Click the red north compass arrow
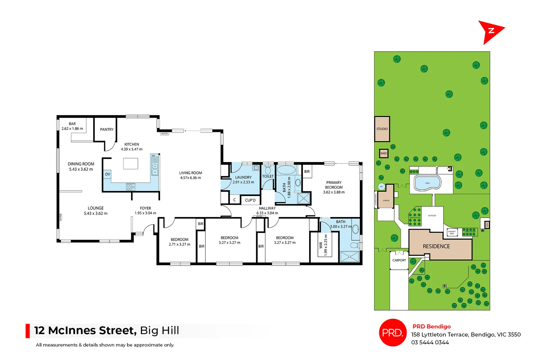pyautogui.click(x=490, y=31)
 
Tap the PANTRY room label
pyautogui.click(x=107, y=129)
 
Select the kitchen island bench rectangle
pyautogui.click(x=130, y=164)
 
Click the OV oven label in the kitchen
pyautogui.click(x=107, y=174)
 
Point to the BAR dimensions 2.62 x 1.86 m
pyautogui.click(x=72, y=129)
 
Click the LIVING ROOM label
pyautogui.click(x=190, y=173)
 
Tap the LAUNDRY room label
pyautogui.click(x=243, y=177)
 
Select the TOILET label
pyautogui.click(x=268, y=176)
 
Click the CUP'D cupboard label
pyautogui.click(x=250, y=200)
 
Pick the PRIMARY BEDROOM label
pyautogui.click(x=334, y=185)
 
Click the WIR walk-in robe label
pyautogui.click(x=321, y=245)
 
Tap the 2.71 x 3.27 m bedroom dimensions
pyautogui.click(x=179, y=244)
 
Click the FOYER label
pyautogui.click(x=145, y=208)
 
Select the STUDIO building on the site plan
pyautogui.click(x=382, y=129)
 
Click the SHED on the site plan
pyautogui.click(x=384, y=153)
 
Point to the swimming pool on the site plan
pyautogui.click(x=427, y=183)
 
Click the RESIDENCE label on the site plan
pyautogui.click(x=436, y=246)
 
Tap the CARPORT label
pyautogui.click(x=399, y=260)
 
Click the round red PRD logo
pyautogui.click(x=393, y=333)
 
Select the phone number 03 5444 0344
pyautogui.click(x=430, y=342)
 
